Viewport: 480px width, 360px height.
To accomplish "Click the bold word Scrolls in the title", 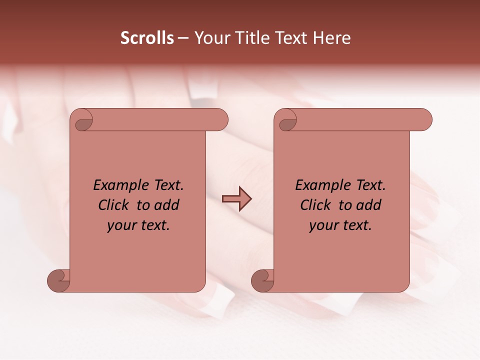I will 147,37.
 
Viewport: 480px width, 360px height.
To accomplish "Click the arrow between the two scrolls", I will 236,199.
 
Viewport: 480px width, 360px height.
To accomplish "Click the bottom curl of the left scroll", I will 59,280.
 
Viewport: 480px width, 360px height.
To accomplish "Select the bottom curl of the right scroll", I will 263,280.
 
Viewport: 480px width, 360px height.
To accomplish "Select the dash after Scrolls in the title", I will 183,37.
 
